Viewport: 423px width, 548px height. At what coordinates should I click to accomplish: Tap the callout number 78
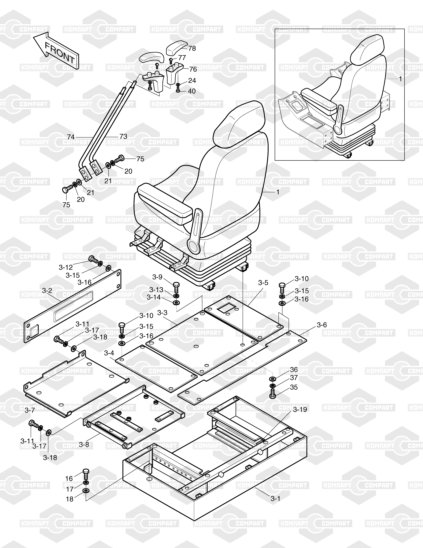tap(192, 48)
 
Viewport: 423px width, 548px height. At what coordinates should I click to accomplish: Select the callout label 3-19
tap(300, 410)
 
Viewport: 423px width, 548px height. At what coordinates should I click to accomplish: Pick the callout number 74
tap(71, 137)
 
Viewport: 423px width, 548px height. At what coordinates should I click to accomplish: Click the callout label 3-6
tap(322, 325)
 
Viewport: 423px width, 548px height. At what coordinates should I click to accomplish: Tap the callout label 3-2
tap(47, 291)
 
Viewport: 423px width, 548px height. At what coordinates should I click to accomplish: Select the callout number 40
tap(192, 91)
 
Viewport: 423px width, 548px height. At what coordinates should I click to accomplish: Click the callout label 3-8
tap(84, 445)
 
